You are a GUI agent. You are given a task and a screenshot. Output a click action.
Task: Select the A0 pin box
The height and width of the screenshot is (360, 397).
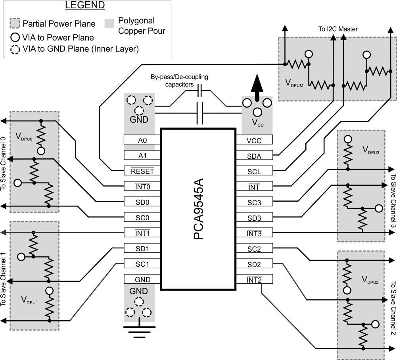142,140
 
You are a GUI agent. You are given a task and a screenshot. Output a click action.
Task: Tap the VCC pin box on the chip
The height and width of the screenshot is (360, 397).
254,140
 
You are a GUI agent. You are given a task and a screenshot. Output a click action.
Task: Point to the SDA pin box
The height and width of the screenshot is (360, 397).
254,156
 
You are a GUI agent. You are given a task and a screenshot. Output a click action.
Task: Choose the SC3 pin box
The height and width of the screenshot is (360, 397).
254,202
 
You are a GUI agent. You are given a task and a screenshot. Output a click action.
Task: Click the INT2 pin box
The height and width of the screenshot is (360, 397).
254,280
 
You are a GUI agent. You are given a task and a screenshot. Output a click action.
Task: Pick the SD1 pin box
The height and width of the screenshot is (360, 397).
142,248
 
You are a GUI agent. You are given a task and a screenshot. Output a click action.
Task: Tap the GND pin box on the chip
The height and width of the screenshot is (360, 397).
142,279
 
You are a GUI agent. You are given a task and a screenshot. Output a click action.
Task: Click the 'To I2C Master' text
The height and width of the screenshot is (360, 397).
338,29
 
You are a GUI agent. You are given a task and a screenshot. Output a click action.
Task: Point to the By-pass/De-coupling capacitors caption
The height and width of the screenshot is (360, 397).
179,81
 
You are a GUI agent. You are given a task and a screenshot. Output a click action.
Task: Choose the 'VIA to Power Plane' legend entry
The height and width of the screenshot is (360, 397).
53,38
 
